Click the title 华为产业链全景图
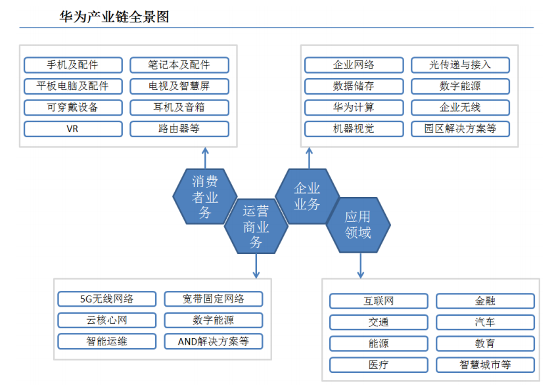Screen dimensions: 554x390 (x=114, y=16)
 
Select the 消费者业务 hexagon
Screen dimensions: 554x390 (x=205, y=196)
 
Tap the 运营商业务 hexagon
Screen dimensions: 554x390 (x=256, y=227)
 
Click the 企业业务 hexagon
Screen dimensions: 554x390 (x=307, y=196)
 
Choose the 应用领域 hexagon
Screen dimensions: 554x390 (x=358, y=225)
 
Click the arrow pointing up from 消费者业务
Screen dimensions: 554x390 (x=205, y=158)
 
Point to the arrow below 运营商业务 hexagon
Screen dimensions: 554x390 (x=256, y=266)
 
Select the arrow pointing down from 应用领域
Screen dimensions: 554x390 (x=360, y=265)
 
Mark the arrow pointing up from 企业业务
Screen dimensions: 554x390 (x=309, y=158)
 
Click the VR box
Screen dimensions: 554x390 (x=73, y=129)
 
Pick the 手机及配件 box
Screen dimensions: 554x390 (x=73, y=65)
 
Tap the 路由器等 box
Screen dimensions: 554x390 (x=179, y=129)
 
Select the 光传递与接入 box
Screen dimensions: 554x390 (x=461, y=65)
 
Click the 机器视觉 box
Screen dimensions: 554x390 (x=354, y=129)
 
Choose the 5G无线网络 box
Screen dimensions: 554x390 (x=107, y=299)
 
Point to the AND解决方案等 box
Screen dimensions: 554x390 (x=214, y=341)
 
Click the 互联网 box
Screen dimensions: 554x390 (x=379, y=301)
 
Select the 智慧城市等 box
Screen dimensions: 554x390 (x=485, y=365)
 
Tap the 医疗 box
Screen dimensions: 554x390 (x=379, y=365)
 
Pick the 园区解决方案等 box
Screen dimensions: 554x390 (x=461, y=129)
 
